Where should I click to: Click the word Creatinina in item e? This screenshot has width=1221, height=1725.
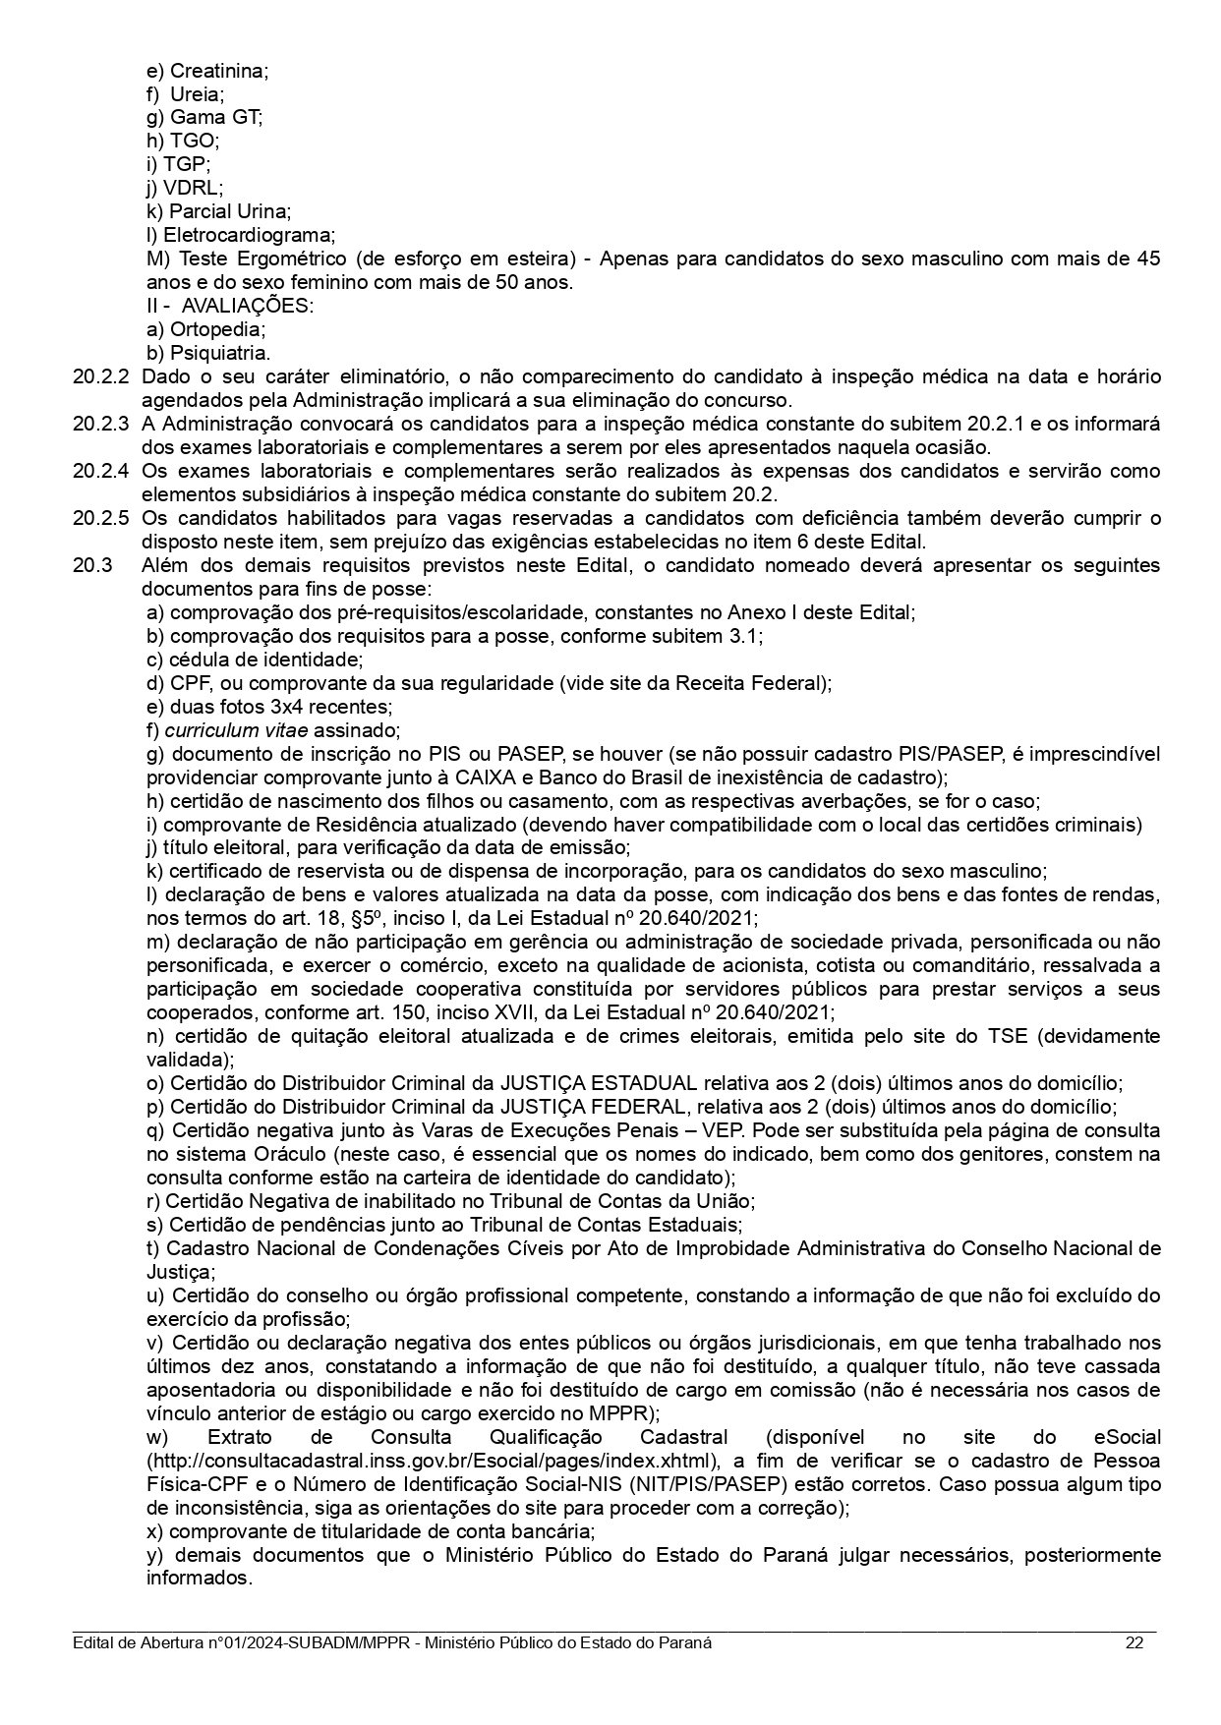tap(218, 71)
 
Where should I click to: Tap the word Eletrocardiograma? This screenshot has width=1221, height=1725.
tap(249, 235)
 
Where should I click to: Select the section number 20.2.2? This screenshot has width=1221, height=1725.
tap(100, 376)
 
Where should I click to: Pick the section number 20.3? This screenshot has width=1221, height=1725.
tap(92, 565)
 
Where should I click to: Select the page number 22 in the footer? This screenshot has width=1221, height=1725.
tap(1134, 1643)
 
